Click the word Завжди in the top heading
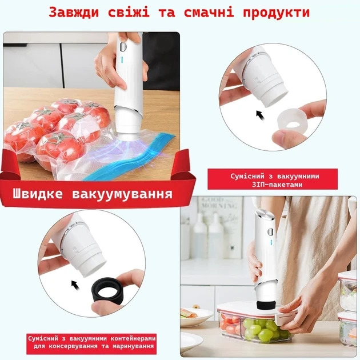[x=74, y=12]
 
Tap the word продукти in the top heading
[x=276, y=13]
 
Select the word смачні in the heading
[x=209, y=12]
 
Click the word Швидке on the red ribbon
[x=37, y=193]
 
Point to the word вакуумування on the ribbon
[x=122, y=194]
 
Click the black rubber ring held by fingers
[x=107, y=291]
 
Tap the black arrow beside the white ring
[x=260, y=115]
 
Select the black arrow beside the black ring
[x=75, y=285]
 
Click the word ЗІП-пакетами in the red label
[x=277, y=185]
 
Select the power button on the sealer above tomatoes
[x=123, y=47]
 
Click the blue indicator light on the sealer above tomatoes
[x=122, y=60]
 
